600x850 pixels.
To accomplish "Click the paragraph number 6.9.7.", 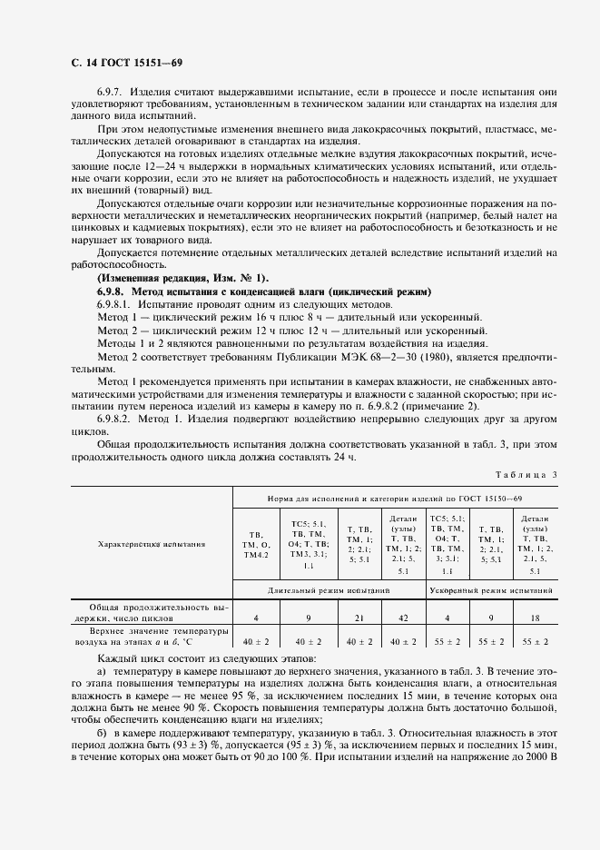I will [112, 94].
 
